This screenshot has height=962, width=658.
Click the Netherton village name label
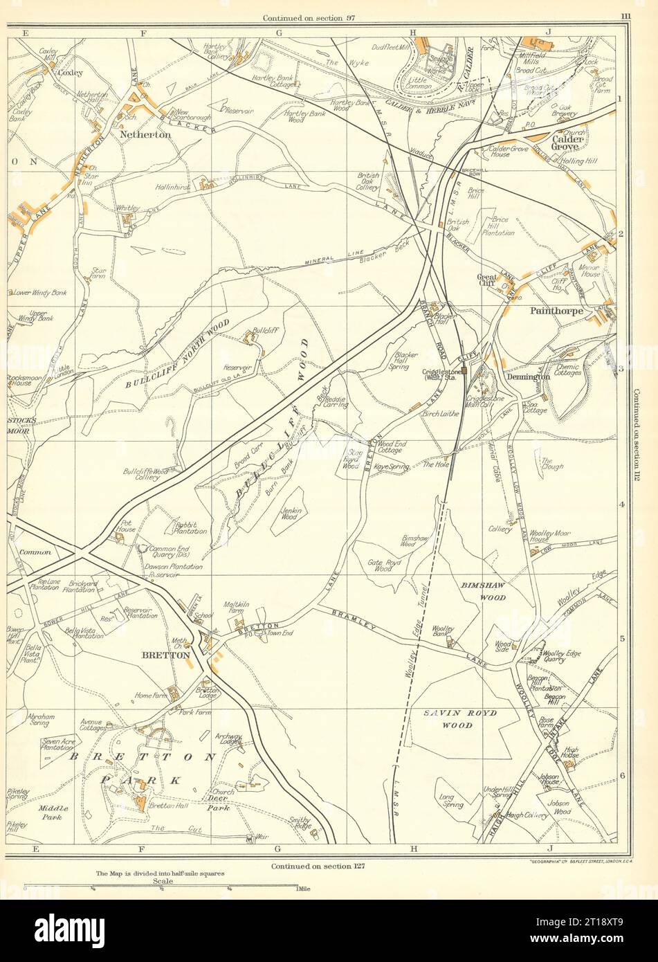coord(145,135)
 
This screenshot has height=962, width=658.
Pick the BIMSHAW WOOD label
coord(483,590)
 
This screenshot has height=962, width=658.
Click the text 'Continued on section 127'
coord(318,865)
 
